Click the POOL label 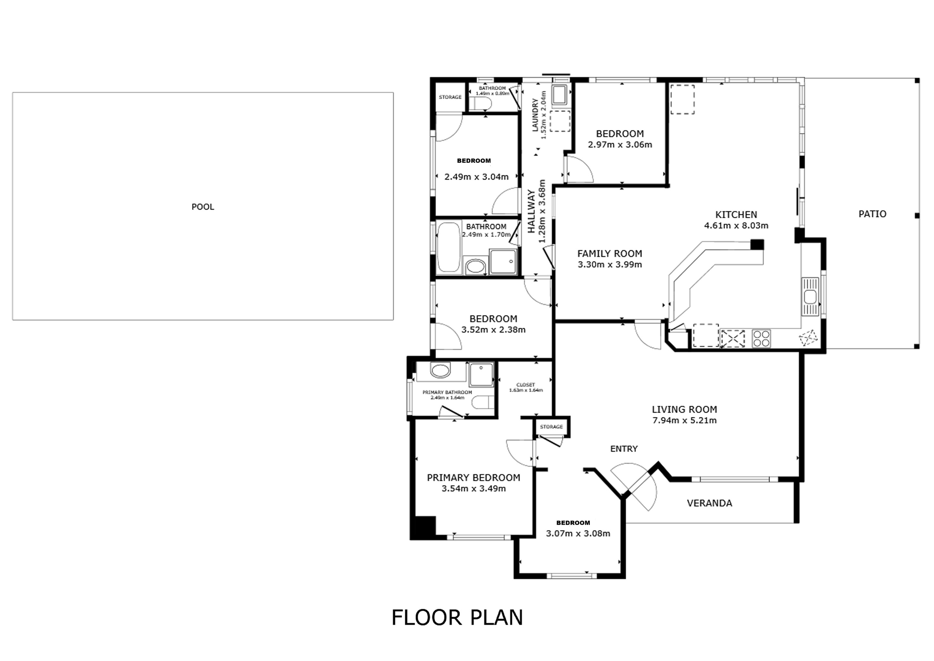pyautogui.click(x=203, y=207)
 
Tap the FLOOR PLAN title pyautogui.click(x=457, y=617)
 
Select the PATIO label pyautogui.click(x=872, y=214)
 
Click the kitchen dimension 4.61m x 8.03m pyautogui.click(x=736, y=226)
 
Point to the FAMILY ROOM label pyautogui.click(x=609, y=254)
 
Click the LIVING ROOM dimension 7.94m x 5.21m pyautogui.click(x=684, y=421)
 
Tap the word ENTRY pyautogui.click(x=624, y=449)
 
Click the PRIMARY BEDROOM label pyautogui.click(x=473, y=477)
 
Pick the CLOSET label pyautogui.click(x=526, y=385)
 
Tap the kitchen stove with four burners pyautogui.click(x=761, y=338)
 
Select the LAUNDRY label pyautogui.click(x=535, y=115)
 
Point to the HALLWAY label pyautogui.click(x=531, y=212)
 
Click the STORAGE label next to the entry pyautogui.click(x=551, y=427)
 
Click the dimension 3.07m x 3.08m pyautogui.click(x=578, y=534)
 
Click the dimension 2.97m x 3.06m pyautogui.click(x=620, y=145)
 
